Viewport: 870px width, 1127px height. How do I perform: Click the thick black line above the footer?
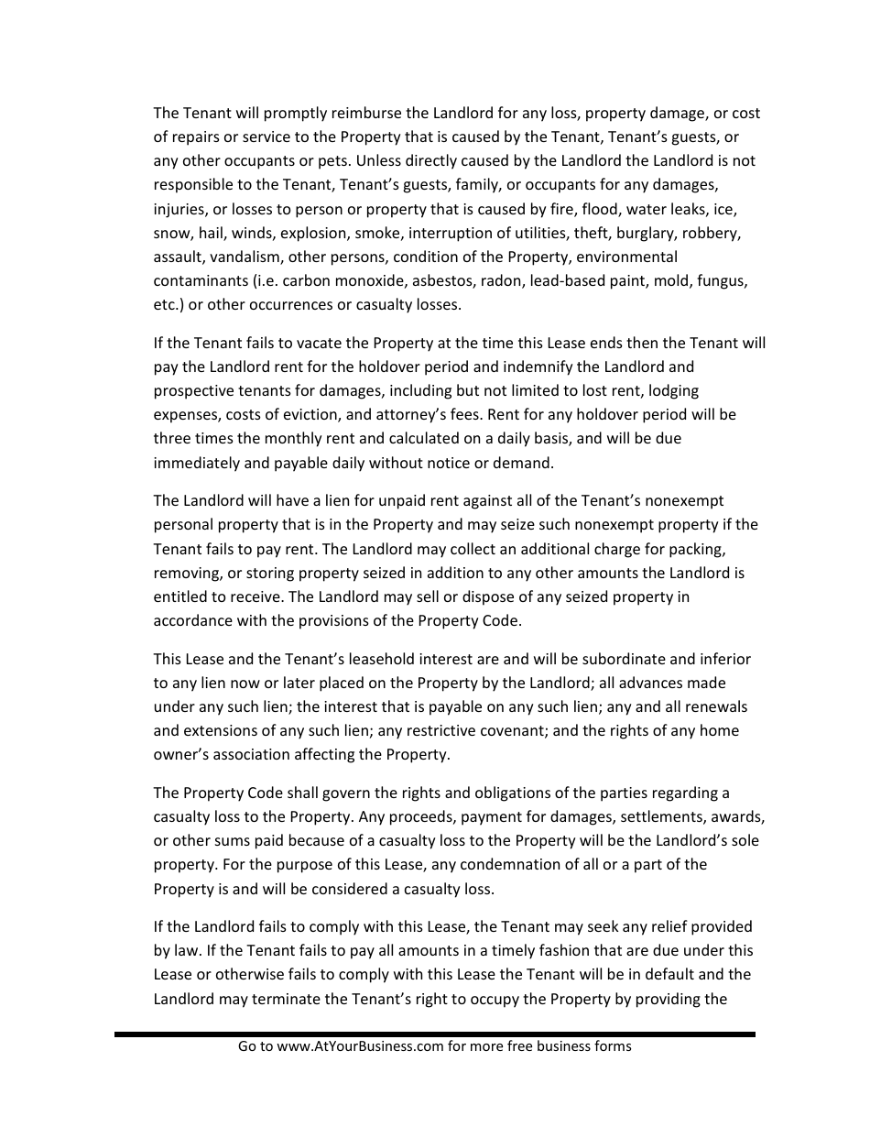tap(435, 1034)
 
